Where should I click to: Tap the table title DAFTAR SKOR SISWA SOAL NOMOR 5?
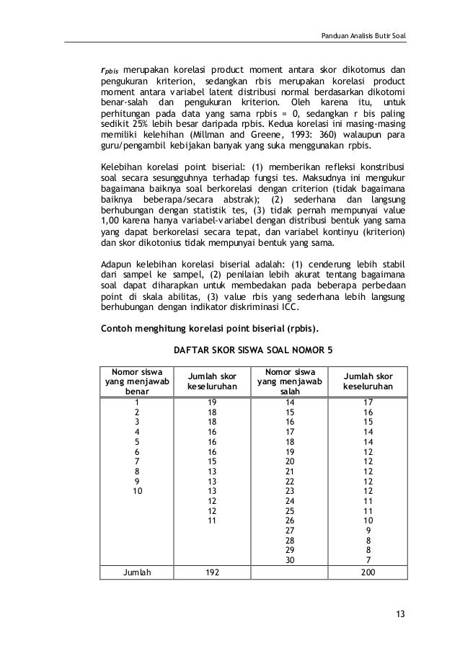pyautogui.click(x=253, y=350)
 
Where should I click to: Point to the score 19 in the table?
pyautogui.click(x=211, y=402)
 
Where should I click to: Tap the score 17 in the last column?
pyautogui.click(x=368, y=402)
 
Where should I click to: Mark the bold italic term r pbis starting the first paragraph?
pyautogui.click(x=109, y=71)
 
